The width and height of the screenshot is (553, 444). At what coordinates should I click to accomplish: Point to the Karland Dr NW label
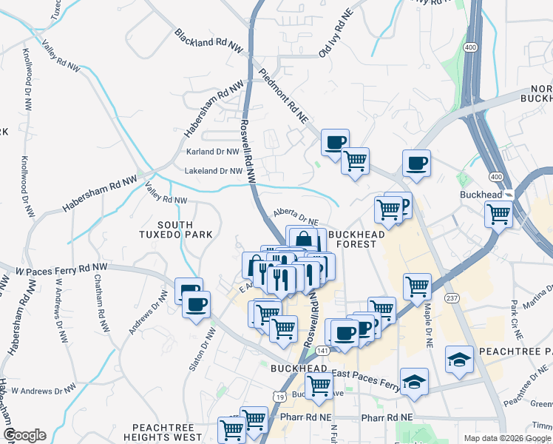pos(211,152)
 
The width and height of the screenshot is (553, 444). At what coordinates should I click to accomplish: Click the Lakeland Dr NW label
pos(213,170)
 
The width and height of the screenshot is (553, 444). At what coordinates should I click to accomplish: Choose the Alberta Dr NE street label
pos(296,216)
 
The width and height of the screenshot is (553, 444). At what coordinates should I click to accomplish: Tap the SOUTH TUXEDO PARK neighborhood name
pos(175,229)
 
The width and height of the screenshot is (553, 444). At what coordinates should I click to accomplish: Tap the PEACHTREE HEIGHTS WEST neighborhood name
pos(166,433)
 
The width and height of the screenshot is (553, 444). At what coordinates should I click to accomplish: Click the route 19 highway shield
pos(282,397)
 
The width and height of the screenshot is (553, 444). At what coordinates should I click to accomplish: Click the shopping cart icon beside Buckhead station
pos(498,214)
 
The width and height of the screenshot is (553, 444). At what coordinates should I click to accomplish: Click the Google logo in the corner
pos(24,435)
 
